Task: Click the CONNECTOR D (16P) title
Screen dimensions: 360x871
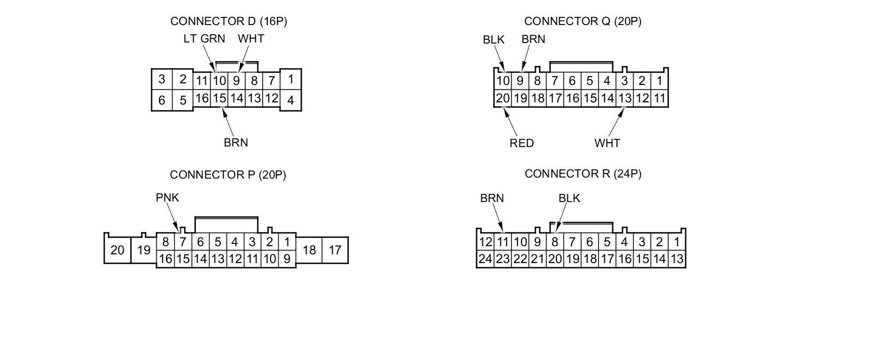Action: pos(229,21)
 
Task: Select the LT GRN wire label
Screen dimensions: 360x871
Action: pos(204,39)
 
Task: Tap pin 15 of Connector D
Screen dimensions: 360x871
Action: pos(219,99)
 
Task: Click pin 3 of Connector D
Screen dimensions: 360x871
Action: pos(162,79)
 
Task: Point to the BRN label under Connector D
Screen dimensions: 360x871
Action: pos(236,143)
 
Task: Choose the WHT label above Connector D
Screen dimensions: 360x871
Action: pos(251,39)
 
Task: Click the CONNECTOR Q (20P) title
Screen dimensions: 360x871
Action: pos(582,21)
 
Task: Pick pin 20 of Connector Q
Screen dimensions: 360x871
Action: pos(502,98)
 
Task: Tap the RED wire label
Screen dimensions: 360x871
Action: pos(522,143)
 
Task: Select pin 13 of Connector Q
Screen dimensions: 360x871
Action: pos(624,98)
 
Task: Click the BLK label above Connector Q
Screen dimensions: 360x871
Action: pos(494,40)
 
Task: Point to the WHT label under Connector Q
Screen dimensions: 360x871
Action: pos(607,143)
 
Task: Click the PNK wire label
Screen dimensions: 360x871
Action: pos(167,198)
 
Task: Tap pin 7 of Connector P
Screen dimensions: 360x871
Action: pos(183,242)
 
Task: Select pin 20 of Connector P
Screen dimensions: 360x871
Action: pos(117,251)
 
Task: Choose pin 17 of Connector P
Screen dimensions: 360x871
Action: pos(335,250)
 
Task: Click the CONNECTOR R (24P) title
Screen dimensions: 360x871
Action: pos(583,174)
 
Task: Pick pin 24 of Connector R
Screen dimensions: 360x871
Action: pos(485,259)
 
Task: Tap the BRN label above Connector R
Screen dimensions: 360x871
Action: pos(492,198)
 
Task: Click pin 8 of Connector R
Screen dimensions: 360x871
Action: pos(555,242)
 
